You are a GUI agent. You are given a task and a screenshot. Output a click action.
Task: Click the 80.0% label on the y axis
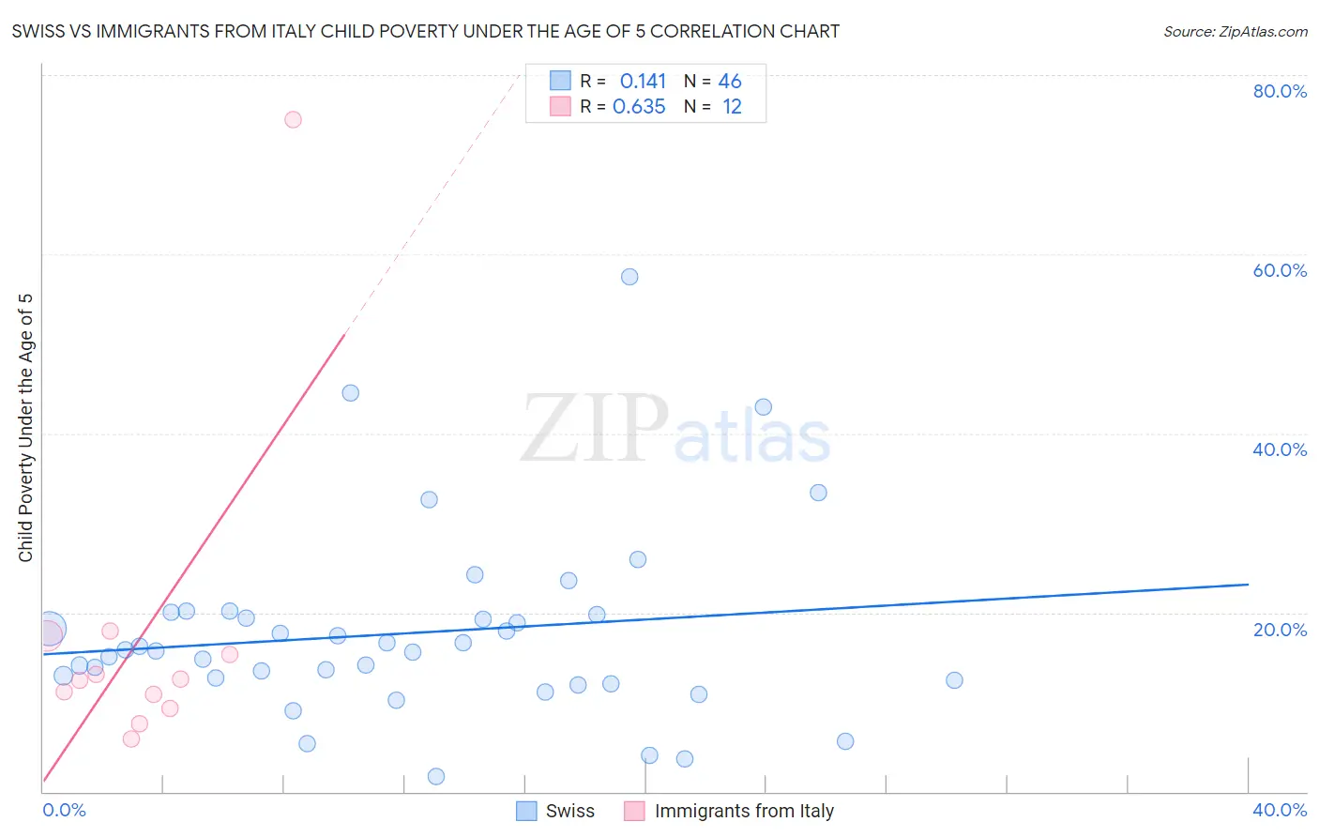1280,91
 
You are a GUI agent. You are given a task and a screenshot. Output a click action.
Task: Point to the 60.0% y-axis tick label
1280,270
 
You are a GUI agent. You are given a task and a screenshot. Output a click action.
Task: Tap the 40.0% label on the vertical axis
1280,449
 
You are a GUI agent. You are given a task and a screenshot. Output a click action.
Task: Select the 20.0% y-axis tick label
1280,629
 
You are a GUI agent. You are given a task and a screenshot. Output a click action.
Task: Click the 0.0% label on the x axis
64,810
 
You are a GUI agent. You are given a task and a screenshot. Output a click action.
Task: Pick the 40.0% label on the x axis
1280,810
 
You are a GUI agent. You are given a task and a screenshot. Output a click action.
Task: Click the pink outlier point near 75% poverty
293,119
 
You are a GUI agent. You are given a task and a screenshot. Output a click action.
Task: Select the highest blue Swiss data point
629,277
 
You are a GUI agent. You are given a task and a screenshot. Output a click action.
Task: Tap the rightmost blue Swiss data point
954,680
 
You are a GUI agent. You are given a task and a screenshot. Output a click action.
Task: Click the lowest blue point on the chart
435,776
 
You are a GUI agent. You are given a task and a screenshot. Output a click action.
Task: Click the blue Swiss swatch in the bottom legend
527,811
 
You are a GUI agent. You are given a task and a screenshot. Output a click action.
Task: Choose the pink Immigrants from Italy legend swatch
635,811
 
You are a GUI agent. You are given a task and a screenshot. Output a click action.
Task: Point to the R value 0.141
643,82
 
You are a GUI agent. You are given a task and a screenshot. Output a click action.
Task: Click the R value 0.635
639,107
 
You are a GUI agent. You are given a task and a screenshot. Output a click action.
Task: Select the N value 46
730,82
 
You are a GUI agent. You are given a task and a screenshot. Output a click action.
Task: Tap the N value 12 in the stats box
732,107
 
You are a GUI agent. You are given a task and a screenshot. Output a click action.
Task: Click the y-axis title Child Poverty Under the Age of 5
26,428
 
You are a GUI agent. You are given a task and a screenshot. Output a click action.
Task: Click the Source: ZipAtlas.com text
1235,32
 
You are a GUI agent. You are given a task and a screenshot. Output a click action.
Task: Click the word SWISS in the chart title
38,32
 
